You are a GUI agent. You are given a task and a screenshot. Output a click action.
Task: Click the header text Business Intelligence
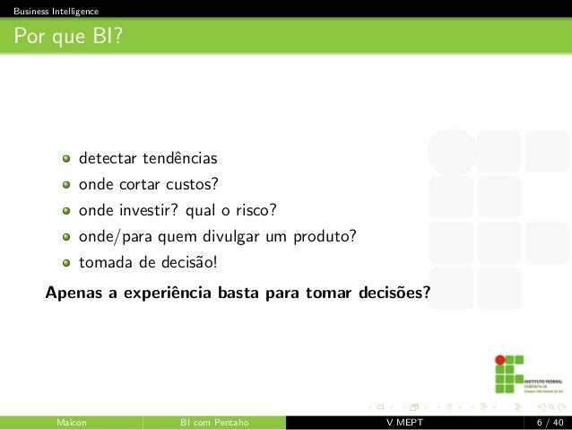[49, 11]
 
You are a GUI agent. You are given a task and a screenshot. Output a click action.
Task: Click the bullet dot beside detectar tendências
[67, 160]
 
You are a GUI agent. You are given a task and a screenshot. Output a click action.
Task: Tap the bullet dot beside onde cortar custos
[67, 186]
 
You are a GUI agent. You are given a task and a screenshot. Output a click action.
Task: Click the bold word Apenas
[73, 293]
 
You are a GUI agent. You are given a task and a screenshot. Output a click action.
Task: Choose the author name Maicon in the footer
[72, 423]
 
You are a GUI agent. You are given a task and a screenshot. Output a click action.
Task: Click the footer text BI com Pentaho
[214, 423]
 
